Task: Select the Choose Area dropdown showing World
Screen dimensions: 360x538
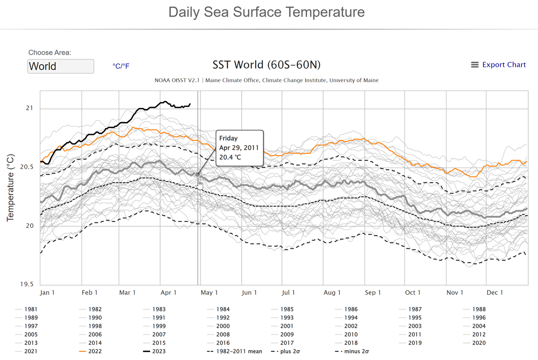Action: pos(61,66)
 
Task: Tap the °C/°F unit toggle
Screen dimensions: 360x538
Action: pos(121,66)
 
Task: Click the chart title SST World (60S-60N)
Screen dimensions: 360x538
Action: pos(266,65)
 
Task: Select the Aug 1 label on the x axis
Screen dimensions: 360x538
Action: pos(332,293)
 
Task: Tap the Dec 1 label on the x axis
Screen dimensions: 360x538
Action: pos(495,293)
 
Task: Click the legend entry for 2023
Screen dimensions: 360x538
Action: pos(159,351)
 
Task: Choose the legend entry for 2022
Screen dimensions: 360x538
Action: pos(95,351)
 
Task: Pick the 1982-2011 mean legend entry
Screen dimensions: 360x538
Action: pos(239,351)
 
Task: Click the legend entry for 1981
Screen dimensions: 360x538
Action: pos(31,309)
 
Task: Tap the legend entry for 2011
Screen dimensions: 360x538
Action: pos(415,334)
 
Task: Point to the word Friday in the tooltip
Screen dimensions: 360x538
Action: pos(229,139)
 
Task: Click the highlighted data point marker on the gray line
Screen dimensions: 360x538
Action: pos(198,174)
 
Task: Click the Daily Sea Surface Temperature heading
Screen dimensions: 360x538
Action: pos(266,12)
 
